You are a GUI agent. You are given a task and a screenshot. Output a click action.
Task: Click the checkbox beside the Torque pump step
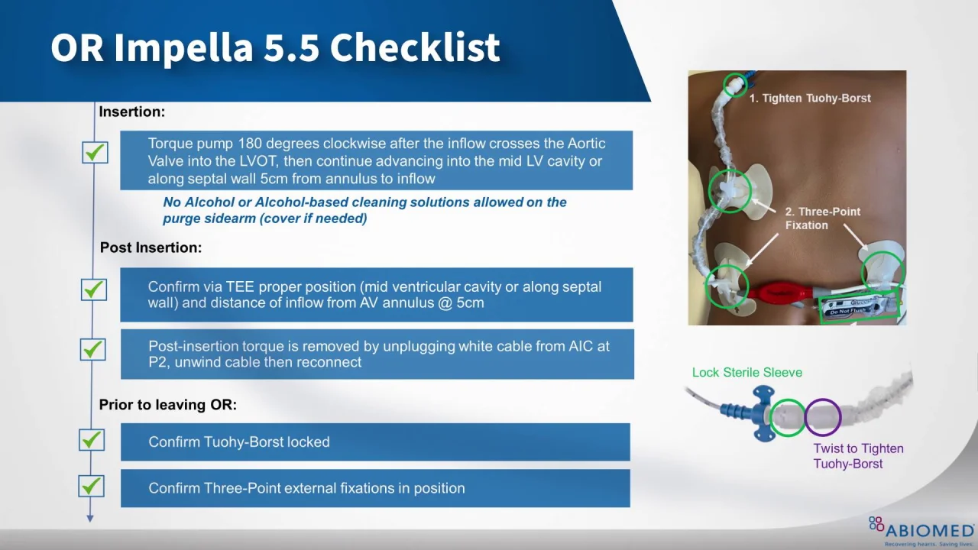click(x=96, y=152)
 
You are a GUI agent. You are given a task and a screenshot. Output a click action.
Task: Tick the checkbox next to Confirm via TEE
click(x=94, y=290)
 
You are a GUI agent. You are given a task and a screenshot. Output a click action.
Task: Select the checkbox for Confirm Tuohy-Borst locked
click(x=92, y=439)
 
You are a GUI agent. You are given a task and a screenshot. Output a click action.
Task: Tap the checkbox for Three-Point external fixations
click(x=91, y=486)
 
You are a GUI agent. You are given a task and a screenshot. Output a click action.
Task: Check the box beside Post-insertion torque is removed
click(x=93, y=349)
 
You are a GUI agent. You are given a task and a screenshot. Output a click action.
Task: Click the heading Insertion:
click(x=132, y=112)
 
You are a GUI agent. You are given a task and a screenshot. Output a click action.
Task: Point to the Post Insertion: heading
click(x=151, y=247)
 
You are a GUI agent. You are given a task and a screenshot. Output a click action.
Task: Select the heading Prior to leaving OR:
click(x=167, y=405)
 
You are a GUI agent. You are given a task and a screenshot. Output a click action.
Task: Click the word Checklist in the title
click(x=415, y=47)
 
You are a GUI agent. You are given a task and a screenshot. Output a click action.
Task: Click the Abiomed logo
click(x=921, y=531)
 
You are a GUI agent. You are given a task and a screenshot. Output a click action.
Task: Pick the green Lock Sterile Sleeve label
click(x=747, y=372)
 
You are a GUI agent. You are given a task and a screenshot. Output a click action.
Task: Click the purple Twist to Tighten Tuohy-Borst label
click(x=858, y=456)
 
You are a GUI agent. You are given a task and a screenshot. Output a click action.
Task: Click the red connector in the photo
click(x=779, y=293)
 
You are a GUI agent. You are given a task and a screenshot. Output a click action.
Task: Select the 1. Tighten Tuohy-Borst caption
click(x=810, y=99)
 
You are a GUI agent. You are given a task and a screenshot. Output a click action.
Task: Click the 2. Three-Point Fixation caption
click(x=823, y=218)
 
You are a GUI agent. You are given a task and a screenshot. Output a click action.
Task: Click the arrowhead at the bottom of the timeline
click(x=90, y=518)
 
